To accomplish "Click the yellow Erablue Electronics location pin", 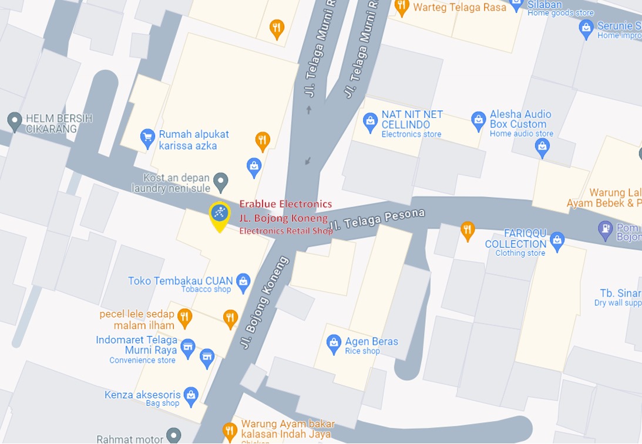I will [x=220, y=215].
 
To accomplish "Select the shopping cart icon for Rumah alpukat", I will [x=147, y=138].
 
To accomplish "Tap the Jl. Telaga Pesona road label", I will [x=377, y=220].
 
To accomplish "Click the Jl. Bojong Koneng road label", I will [x=264, y=302].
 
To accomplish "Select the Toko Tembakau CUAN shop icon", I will [x=243, y=283].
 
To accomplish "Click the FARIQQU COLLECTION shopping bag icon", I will [x=557, y=239].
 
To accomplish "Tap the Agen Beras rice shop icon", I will [x=334, y=344].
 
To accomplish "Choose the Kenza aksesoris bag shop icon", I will [x=191, y=396].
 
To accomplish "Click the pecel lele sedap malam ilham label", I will [x=137, y=320].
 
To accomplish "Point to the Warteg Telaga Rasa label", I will [x=459, y=8].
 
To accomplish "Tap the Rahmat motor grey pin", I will [x=173, y=436].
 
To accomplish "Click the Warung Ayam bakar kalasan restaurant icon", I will [x=230, y=432].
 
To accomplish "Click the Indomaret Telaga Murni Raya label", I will [x=136, y=345].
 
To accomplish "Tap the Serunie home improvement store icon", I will [x=586, y=28].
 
